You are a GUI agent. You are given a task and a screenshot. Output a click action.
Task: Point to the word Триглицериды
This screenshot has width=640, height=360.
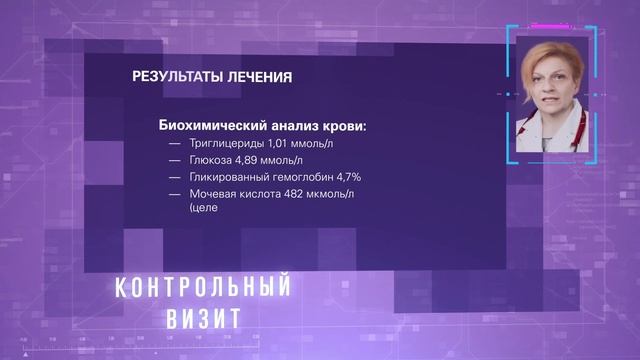point(225,143)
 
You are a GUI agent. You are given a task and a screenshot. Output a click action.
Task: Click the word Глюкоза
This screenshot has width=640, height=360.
point(210,160)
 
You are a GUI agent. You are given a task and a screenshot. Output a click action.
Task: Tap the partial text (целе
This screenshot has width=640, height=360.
point(202,209)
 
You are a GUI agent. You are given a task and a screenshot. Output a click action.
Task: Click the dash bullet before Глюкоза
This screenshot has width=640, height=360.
point(175,160)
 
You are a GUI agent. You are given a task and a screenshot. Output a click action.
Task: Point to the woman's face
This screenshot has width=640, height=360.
point(548,84)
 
